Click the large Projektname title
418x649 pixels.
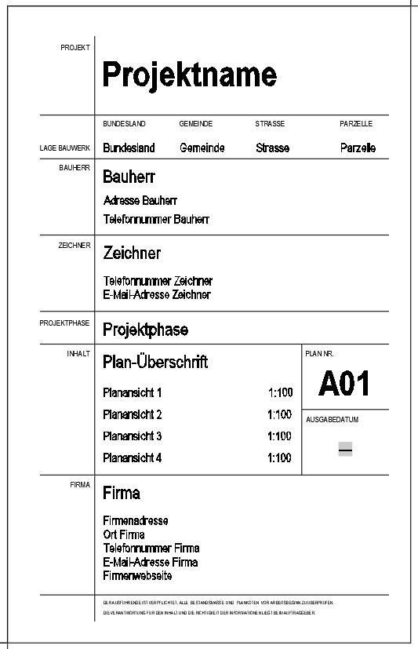[x=189, y=75]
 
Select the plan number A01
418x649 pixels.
[x=344, y=384]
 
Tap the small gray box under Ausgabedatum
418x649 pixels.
[x=345, y=449]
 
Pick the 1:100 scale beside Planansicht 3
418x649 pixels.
[x=279, y=436]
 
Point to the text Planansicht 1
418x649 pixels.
[x=133, y=392]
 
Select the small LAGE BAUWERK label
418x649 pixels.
[x=65, y=148]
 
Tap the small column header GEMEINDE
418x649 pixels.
[x=196, y=124]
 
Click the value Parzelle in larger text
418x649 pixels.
[x=358, y=148]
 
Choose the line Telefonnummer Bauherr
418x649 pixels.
[x=156, y=220]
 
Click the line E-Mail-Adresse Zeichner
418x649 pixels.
[x=157, y=295]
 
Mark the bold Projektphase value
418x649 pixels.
[x=145, y=330]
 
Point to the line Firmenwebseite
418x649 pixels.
[x=137, y=576]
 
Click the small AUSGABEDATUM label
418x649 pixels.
[x=332, y=420]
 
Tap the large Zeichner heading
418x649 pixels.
[x=132, y=253]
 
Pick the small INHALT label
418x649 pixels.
[x=78, y=354]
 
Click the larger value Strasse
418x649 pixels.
[x=272, y=148]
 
